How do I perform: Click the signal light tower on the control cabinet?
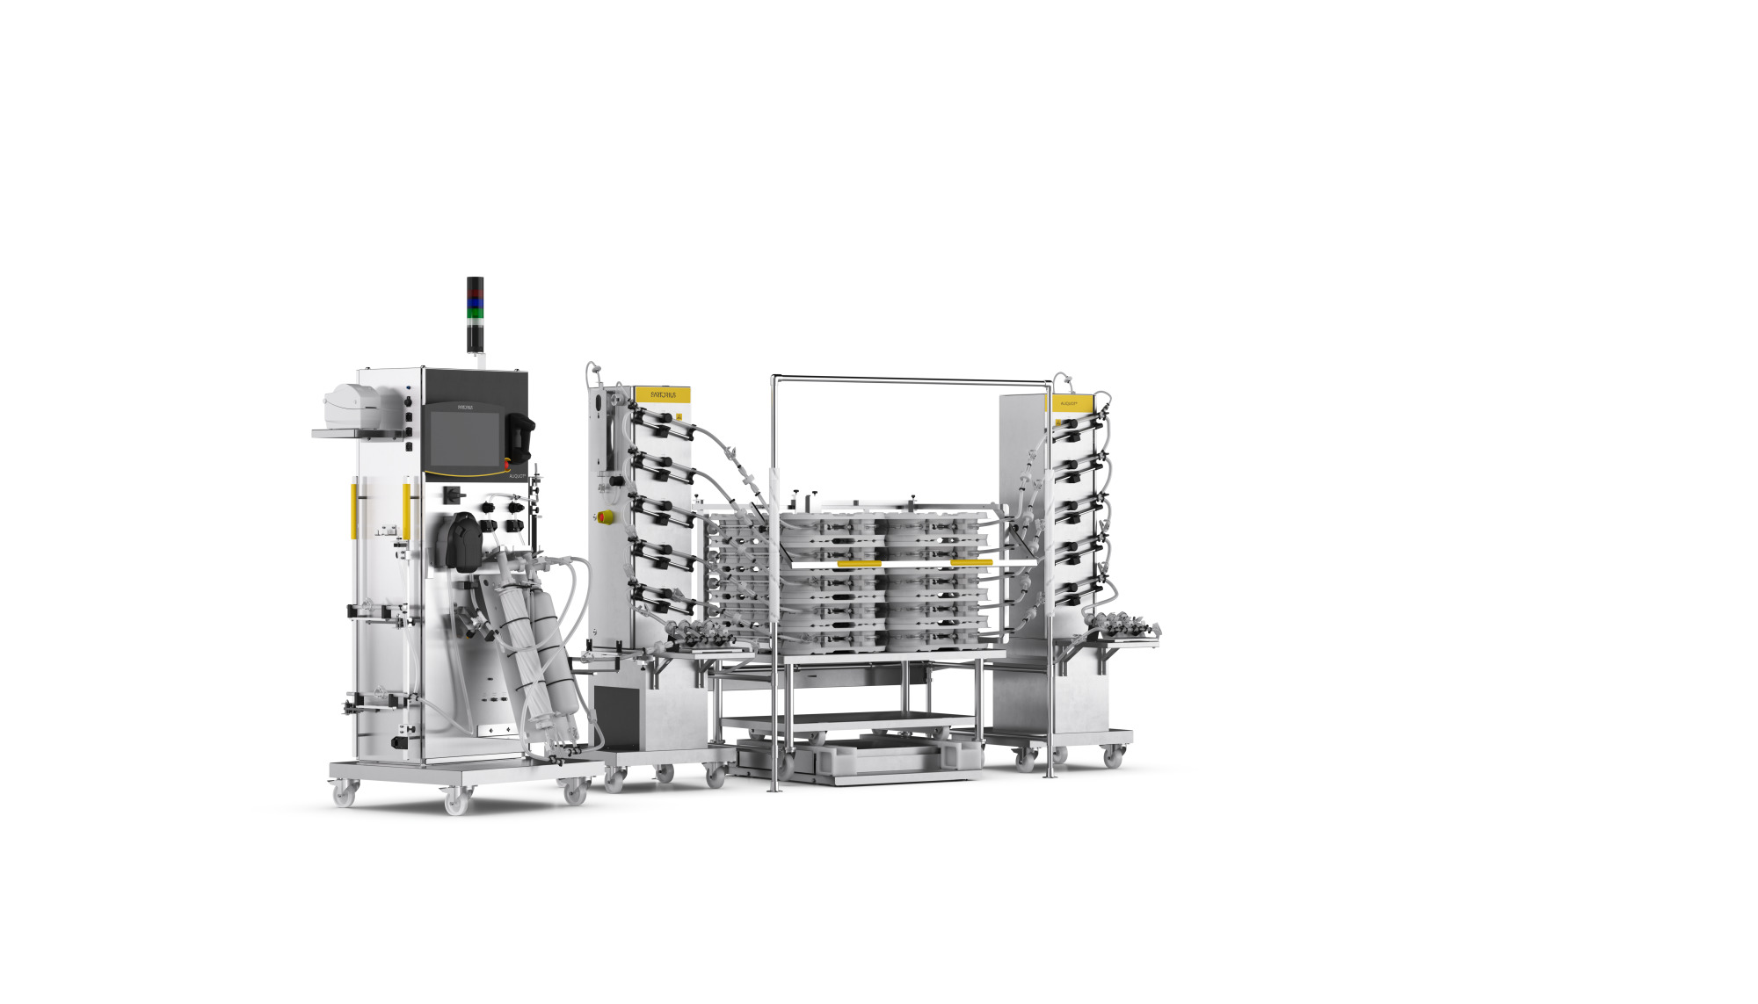475,314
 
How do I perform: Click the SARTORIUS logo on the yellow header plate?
663,395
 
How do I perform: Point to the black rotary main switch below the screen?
454,495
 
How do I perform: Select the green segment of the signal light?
475,313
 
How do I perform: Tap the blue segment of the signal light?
475,302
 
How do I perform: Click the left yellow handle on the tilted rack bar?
859,563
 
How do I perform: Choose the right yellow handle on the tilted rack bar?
971,562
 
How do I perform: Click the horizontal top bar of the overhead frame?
910,379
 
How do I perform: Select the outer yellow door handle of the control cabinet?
354,509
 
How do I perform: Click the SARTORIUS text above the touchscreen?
466,408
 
